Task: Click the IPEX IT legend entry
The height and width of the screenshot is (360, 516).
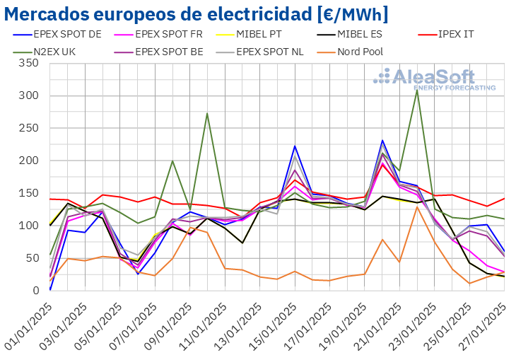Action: pyautogui.click(x=459, y=33)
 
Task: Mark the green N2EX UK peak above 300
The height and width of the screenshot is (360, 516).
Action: pyautogui.click(x=417, y=90)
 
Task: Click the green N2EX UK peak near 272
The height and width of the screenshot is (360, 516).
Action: pyautogui.click(x=207, y=113)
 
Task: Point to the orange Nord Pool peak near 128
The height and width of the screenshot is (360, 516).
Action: pyautogui.click(x=417, y=207)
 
